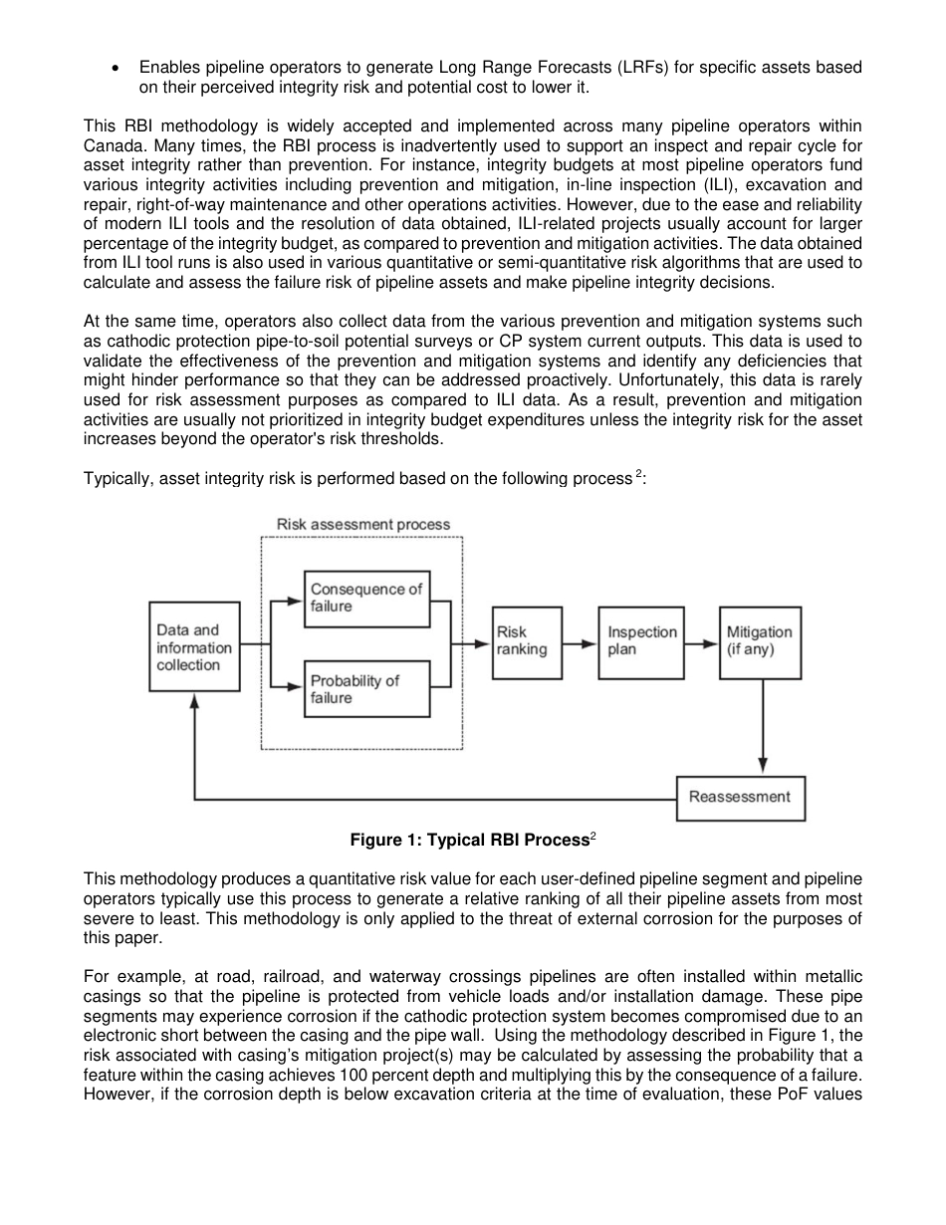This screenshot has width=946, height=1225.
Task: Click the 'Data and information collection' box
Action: pos(194,646)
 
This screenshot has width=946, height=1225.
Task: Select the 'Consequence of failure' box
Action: pos(366,598)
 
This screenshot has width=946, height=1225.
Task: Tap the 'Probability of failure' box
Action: pos(366,689)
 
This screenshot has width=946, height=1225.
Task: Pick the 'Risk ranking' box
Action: pos(527,641)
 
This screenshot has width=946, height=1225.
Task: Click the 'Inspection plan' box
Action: pos(641,641)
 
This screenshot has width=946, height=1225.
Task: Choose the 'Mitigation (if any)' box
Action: pos(760,641)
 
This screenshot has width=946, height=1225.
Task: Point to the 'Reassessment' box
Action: pos(740,798)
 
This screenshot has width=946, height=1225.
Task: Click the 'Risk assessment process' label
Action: pos(362,525)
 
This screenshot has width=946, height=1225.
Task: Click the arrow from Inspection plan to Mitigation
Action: pos(702,643)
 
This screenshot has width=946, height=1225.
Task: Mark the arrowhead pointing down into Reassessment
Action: pos(762,766)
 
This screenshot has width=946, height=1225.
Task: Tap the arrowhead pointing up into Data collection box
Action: pos(194,701)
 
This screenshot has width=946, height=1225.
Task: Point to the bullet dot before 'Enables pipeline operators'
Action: pos(119,68)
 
